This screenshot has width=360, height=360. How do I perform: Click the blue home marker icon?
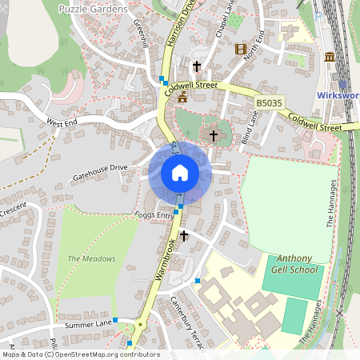(180, 173)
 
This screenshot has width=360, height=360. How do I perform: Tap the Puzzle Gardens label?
(93, 8)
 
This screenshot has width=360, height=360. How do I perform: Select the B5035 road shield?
(269, 104)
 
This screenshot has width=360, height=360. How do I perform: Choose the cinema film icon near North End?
(241, 49)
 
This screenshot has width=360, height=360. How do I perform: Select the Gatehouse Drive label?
(100, 170)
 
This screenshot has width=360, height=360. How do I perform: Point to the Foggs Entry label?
(154, 215)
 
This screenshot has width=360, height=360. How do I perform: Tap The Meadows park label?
(91, 258)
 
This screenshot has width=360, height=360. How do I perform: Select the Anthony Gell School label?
(296, 264)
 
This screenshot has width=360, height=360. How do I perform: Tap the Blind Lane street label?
(250, 127)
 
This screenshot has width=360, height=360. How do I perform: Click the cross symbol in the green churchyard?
(213, 135)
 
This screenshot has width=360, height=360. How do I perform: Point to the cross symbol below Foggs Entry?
(184, 236)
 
